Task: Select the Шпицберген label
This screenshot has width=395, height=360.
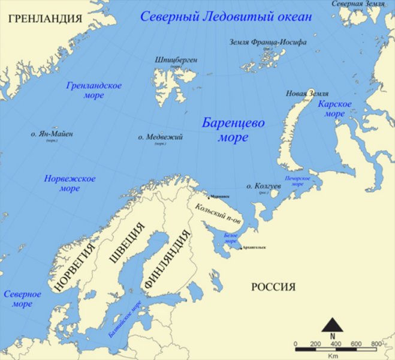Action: click(x=176, y=60)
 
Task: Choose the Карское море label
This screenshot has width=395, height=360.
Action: click(x=331, y=109)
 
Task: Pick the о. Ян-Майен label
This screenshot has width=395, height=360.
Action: click(x=52, y=134)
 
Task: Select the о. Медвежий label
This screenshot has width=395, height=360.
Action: click(x=160, y=138)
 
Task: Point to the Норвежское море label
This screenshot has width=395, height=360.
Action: click(x=70, y=183)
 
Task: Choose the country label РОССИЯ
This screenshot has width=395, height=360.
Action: click(x=273, y=287)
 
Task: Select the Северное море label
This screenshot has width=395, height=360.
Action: click(x=22, y=299)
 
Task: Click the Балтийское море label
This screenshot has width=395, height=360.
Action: click(x=125, y=319)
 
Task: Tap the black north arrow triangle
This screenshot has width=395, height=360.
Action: click(x=333, y=325)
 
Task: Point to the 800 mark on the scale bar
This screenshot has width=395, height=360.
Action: click(x=376, y=343)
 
